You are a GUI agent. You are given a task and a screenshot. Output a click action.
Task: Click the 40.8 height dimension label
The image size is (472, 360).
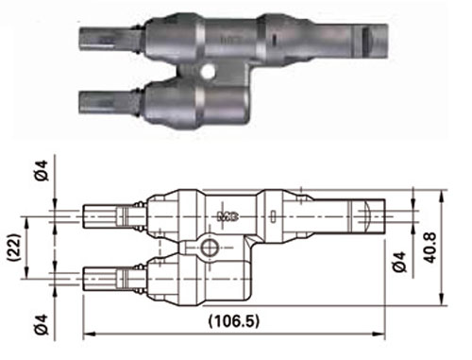coord(430,248)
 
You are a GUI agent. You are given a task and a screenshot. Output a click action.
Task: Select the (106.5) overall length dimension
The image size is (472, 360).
coord(234,321)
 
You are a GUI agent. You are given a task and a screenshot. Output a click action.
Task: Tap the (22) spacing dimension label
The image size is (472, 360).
coord(15,248)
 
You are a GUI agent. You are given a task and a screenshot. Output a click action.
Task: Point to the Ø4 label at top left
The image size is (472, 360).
coord(42,170)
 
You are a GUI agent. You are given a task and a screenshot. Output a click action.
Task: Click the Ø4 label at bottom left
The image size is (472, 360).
coord(42,324)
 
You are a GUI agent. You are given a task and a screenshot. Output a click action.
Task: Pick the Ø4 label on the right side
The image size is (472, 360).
coord(399,262)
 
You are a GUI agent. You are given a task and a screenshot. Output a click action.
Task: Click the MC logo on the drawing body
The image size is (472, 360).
coord(228,216)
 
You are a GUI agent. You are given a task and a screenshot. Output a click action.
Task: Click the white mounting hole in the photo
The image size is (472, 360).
coord(208,71)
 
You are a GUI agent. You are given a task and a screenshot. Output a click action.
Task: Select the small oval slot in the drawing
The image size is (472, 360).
coord(274,216)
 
